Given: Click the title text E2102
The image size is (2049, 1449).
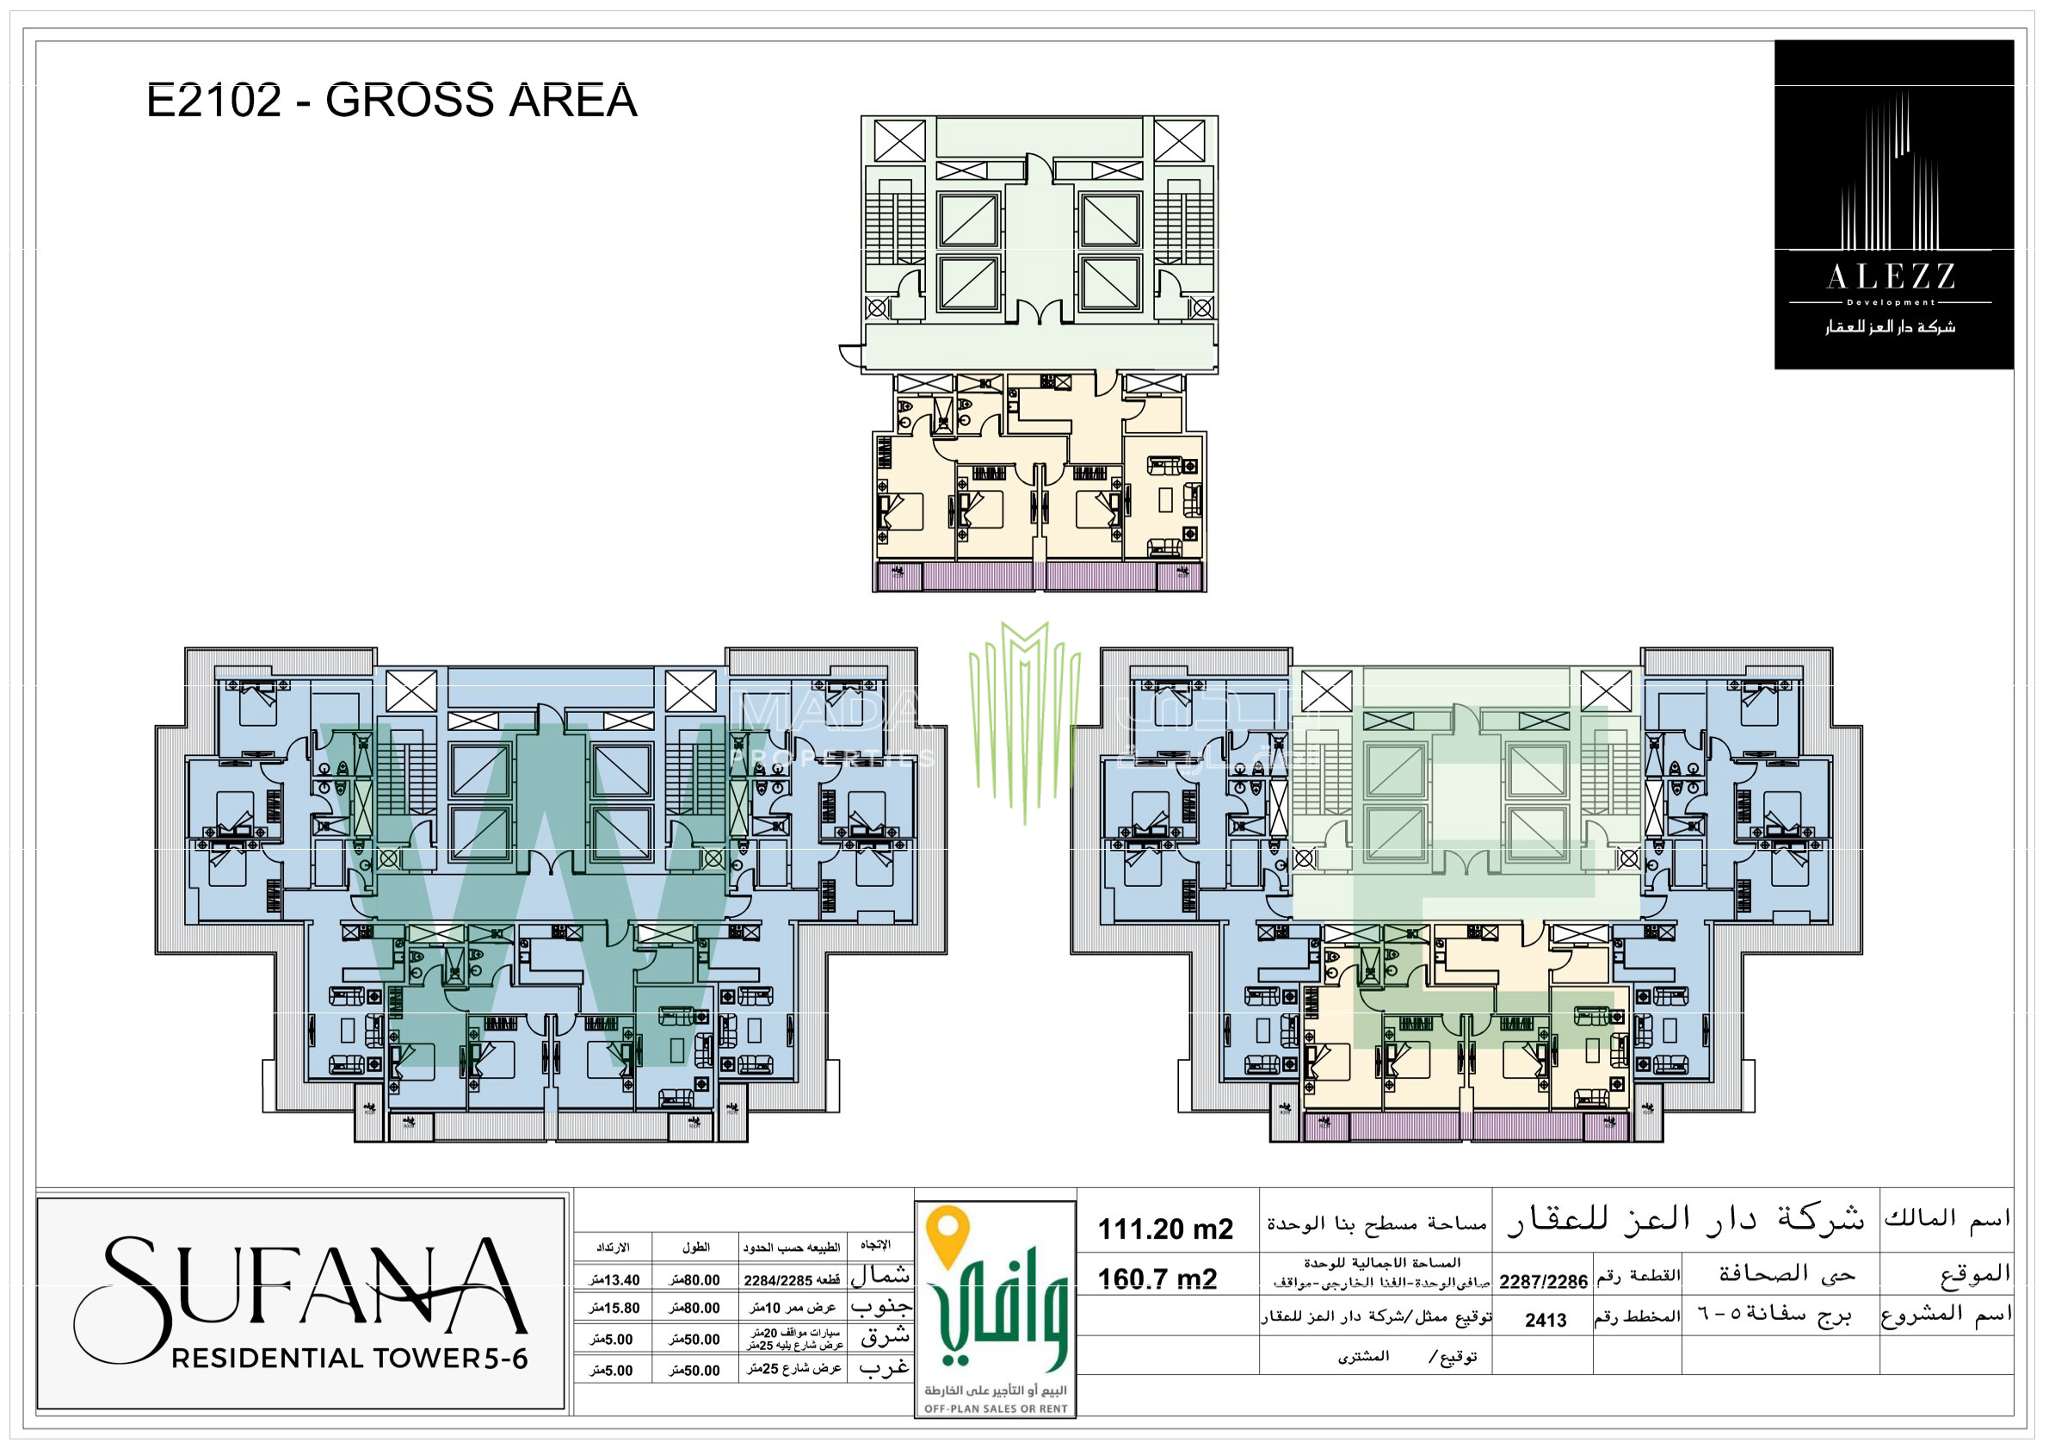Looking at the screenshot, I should point(214,100).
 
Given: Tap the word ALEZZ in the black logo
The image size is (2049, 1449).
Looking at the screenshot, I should point(1891,277).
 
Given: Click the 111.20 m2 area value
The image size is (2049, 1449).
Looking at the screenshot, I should point(1164,1229).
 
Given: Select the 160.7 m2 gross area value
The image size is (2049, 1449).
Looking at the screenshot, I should point(1157,1279).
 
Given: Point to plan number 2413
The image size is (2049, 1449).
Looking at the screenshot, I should point(1545,1321).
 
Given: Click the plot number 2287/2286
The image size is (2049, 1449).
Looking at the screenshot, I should point(1543,1282).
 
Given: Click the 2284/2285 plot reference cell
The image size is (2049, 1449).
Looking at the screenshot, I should point(791,1280).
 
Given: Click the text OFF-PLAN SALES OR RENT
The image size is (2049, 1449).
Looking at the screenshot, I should point(995,1409).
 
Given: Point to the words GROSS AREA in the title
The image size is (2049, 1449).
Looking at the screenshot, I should point(481,100).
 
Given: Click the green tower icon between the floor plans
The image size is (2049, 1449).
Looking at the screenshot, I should point(1024,719).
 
